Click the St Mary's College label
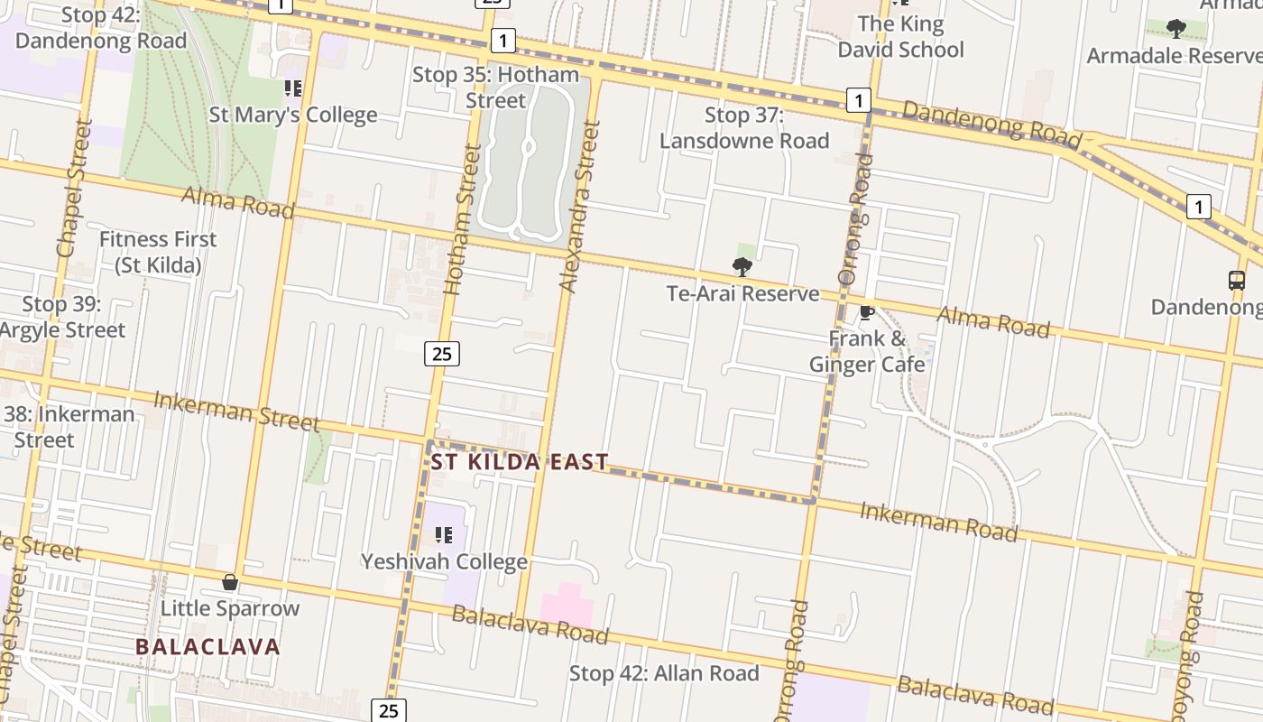(293, 116)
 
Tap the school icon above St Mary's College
(292, 88)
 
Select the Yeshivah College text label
(444, 562)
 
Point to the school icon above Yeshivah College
(443, 535)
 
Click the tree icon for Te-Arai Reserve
(742, 266)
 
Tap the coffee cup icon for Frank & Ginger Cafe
(866, 312)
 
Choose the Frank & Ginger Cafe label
(867, 352)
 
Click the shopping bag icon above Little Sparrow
(230, 582)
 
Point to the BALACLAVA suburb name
(207, 647)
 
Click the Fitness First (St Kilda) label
(158, 253)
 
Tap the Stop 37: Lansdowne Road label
(744, 128)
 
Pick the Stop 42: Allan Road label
(664, 673)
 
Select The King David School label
(900, 37)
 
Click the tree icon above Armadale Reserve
(1175, 29)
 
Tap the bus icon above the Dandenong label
(1237, 280)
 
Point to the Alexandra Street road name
(580, 207)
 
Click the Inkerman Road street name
(938, 523)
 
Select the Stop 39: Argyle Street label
(61, 318)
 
